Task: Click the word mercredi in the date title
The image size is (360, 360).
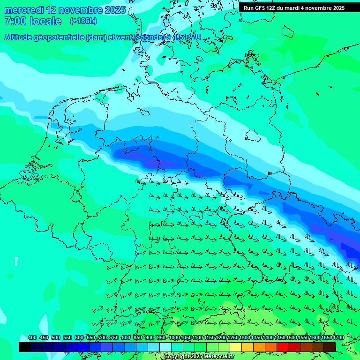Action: (x=23, y=10)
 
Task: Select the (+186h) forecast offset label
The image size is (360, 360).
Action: (x=83, y=21)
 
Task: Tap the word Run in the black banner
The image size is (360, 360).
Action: (x=249, y=8)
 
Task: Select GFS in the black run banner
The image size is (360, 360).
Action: (x=262, y=8)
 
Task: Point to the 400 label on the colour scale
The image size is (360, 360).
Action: (x=32, y=337)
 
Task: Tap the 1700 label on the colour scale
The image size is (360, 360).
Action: (x=338, y=337)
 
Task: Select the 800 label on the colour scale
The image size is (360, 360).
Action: (x=126, y=337)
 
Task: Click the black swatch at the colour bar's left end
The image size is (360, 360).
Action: (x=25, y=347)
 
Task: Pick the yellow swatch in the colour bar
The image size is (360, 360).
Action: (x=236, y=347)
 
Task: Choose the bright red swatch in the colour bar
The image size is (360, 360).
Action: (x=283, y=347)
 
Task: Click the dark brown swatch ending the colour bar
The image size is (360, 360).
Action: (x=330, y=347)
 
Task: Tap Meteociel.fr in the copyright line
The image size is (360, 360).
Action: (x=219, y=357)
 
